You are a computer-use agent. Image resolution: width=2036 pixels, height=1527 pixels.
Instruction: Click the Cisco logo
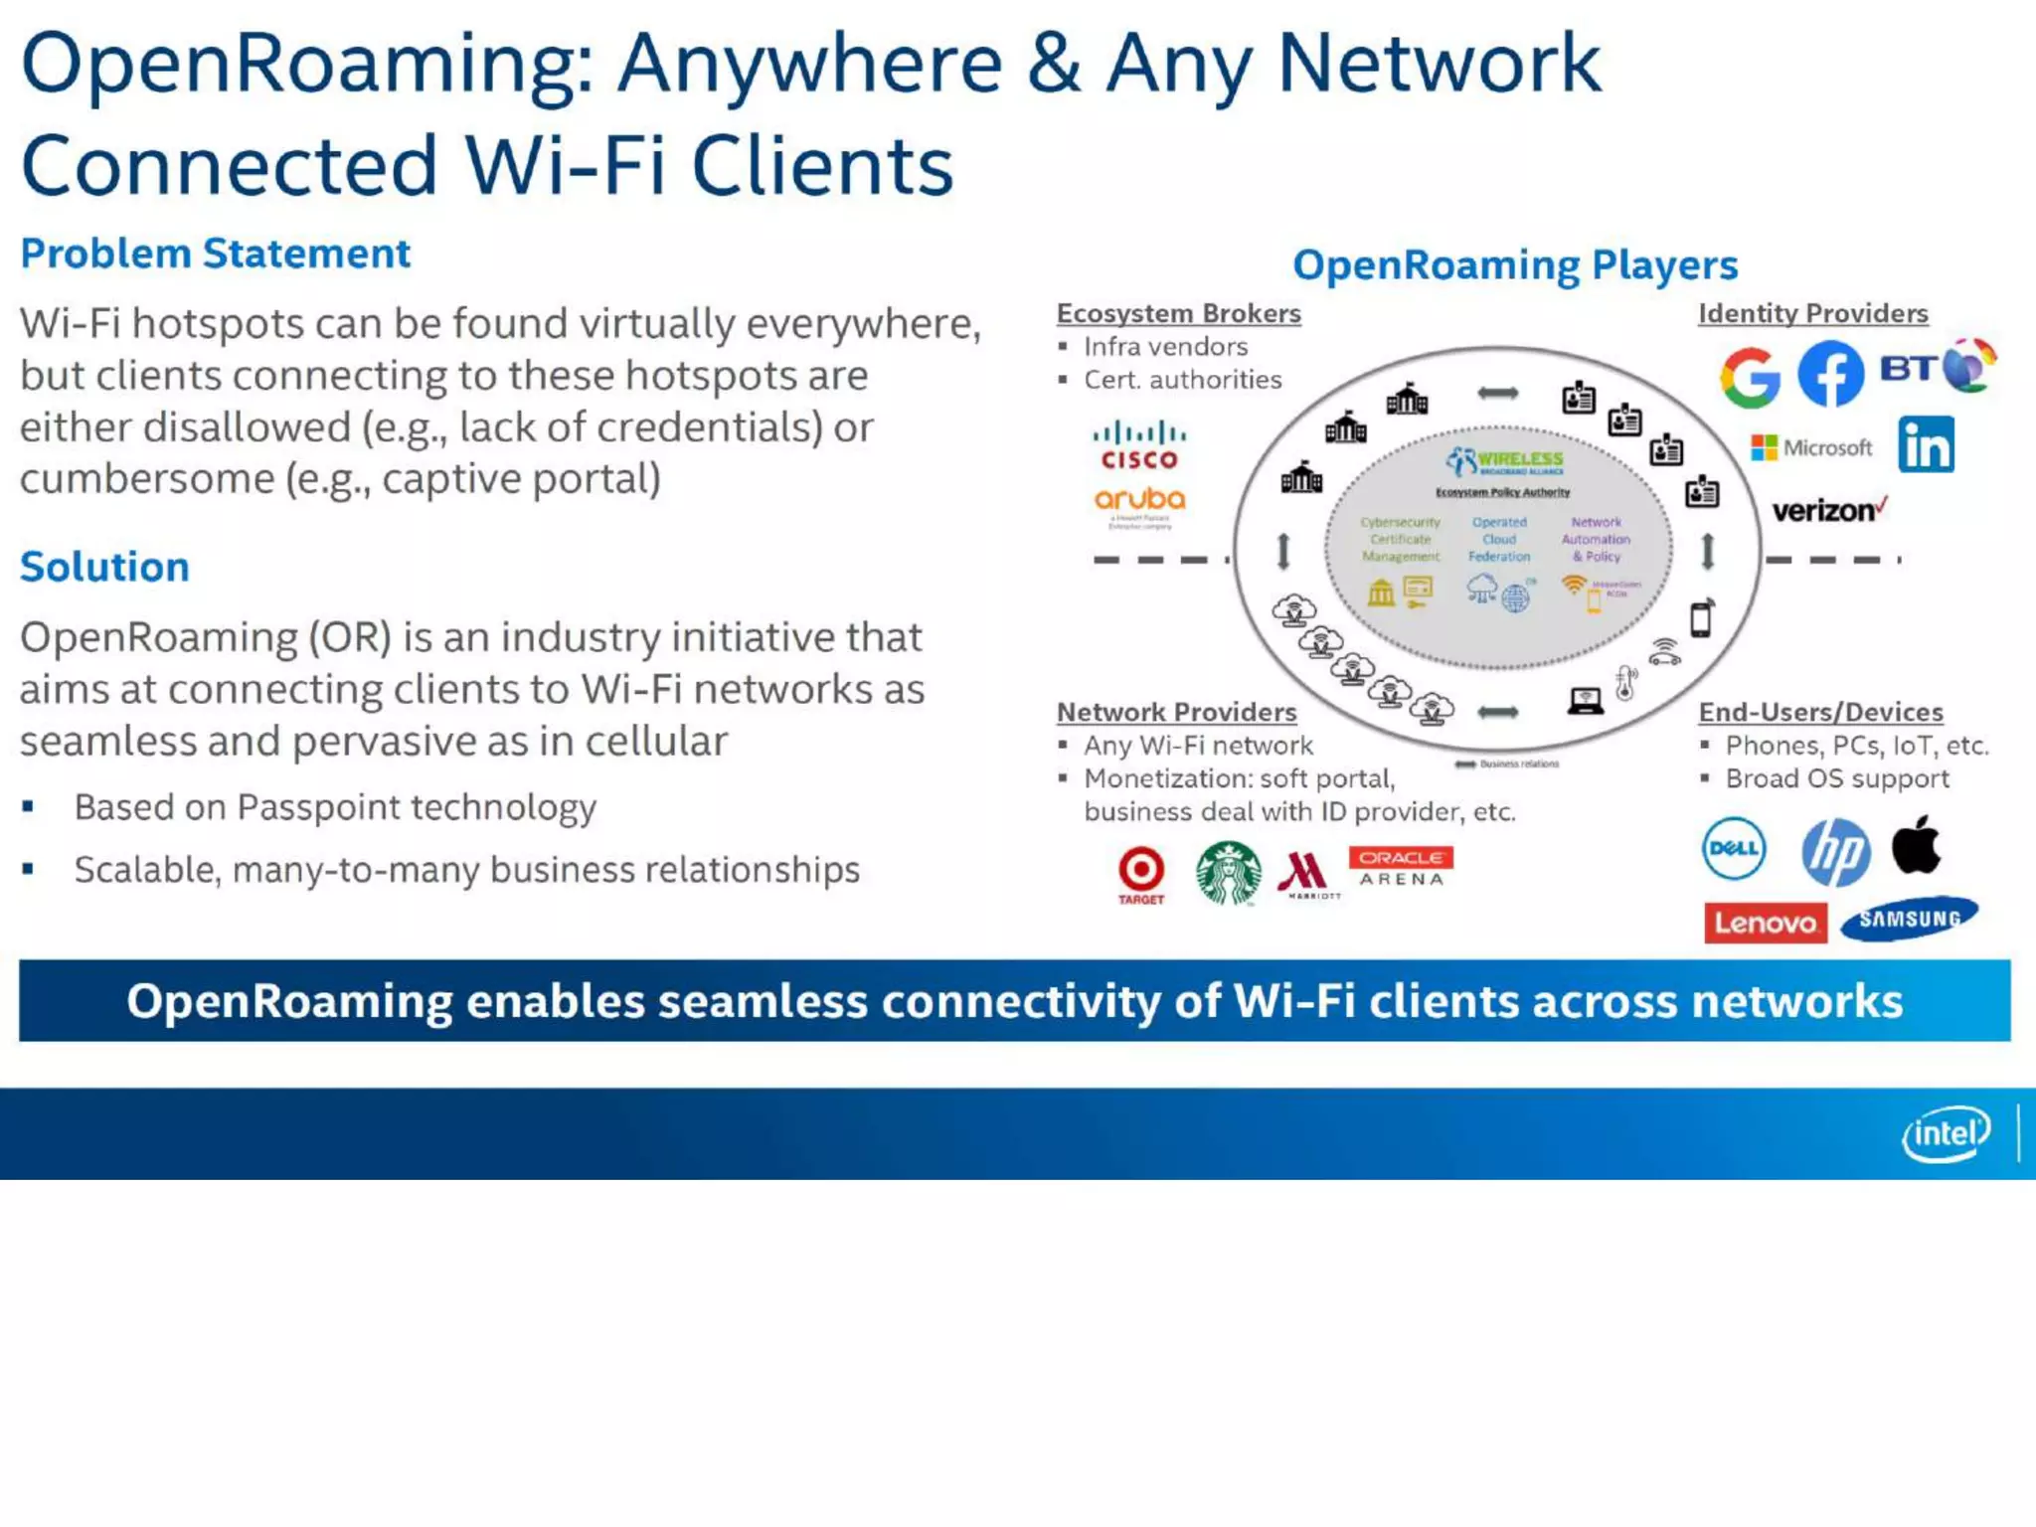pyautogui.click(x=1139, y=446)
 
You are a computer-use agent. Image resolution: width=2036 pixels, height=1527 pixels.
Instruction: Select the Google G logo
pyautogui.click(x=1750, y=378)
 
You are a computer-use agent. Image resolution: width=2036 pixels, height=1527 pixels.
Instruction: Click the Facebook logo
pyautogui.click(x=1830, y=374)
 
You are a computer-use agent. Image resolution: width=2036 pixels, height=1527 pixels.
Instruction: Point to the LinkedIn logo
pyautogui.click(x=1926, y=445)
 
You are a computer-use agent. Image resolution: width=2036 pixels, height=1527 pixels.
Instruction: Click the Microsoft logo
pyautogui.click(x=1811, y=447)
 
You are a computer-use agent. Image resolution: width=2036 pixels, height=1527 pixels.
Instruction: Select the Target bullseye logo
pyautogui.click(x=1140, y=873)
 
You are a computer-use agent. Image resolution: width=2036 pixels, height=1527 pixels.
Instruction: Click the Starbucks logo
pyautogui.click(x=1229, y=873)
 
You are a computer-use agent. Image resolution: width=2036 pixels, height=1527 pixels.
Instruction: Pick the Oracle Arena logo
pyautogui.click(x=1401, y=867)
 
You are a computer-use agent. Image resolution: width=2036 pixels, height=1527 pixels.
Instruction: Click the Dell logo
pyautogui.click(x=1734, y=849)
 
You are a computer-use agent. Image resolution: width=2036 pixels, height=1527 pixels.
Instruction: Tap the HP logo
pyautogui.click(x=1835, y=851)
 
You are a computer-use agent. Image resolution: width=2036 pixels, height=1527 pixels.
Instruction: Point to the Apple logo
pyautogui.click(x=1916, y=845)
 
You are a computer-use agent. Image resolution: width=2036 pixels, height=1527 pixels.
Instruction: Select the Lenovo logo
pyautogui.click(x=1765, y=923)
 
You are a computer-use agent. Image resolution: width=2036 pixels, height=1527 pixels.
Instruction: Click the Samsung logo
pyautogui.click(x=1909, y=920)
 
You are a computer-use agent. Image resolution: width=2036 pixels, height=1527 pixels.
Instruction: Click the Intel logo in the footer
pyautogui.click(x=1946, y=1133)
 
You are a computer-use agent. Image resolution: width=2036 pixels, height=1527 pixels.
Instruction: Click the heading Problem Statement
pyautogui.click(x=215, y=254)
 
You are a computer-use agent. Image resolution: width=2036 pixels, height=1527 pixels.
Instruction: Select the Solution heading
pyautogui.click(x=104, y=567)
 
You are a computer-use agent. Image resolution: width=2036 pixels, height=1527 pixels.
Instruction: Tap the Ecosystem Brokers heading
pyautogui.click(x=1178, y=313)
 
